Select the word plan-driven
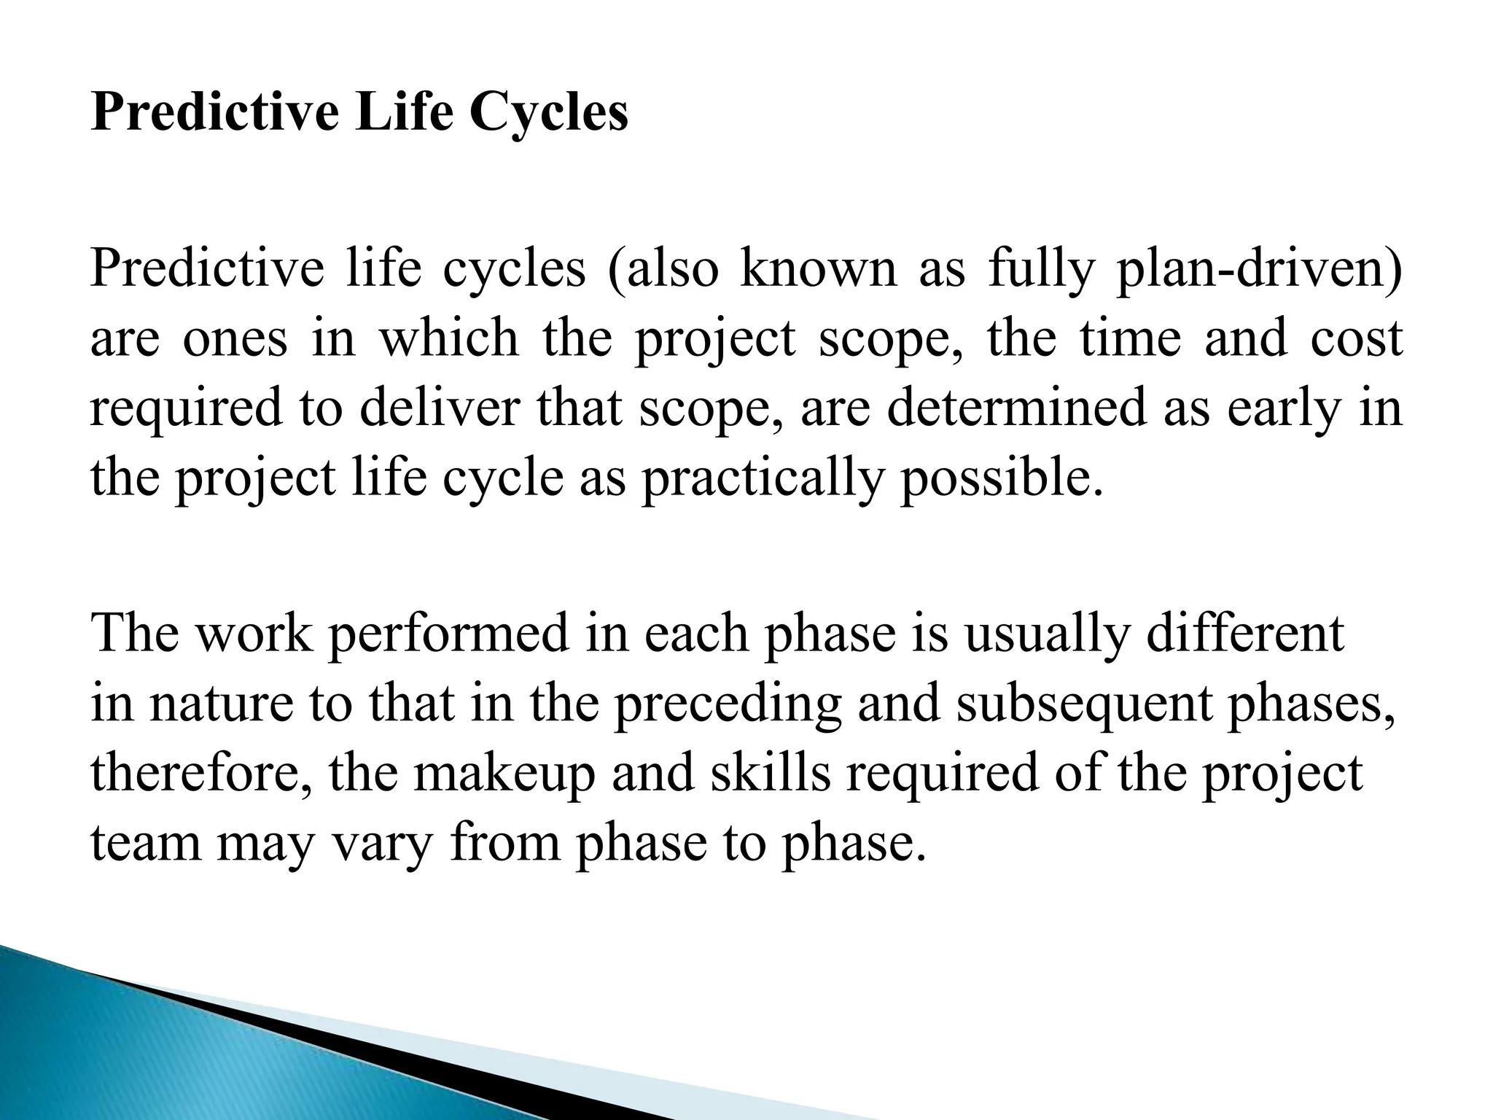pyautogui.click(x=1258, y=268)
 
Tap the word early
pyautogui.click(x=1283, y=408)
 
